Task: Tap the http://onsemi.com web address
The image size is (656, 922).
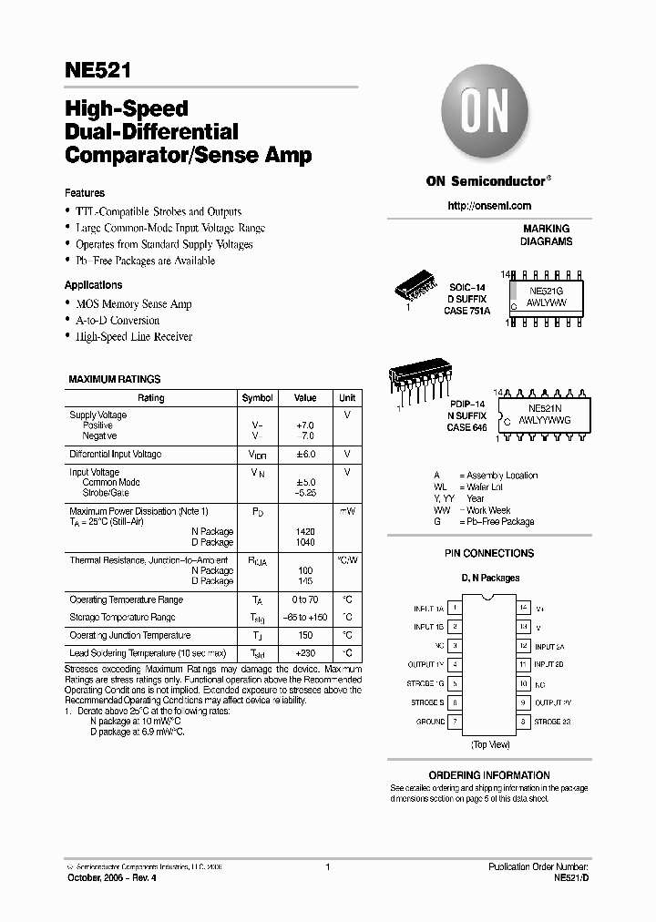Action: [x=489, y=206]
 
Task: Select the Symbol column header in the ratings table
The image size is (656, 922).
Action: [x=257, y=398]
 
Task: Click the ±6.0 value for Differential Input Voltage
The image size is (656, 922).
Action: [x=305, y=454]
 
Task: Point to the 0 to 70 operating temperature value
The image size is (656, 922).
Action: [x=305, y=600]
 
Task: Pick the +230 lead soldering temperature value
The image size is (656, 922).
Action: [x=305, y=653]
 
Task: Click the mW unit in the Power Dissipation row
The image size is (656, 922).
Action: [x=346, y=512]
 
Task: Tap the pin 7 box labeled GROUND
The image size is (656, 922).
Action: [x=455, y=722]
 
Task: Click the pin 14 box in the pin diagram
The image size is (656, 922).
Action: [x=523, y=607]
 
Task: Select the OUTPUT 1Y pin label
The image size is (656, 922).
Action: [x=425, y=665]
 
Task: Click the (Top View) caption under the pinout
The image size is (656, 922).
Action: [x=490, y=744]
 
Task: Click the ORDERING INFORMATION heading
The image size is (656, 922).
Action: [x=489, y=775]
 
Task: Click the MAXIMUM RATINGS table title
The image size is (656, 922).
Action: [x=115, y=378]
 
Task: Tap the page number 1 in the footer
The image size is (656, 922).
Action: [x=327, y=867]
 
